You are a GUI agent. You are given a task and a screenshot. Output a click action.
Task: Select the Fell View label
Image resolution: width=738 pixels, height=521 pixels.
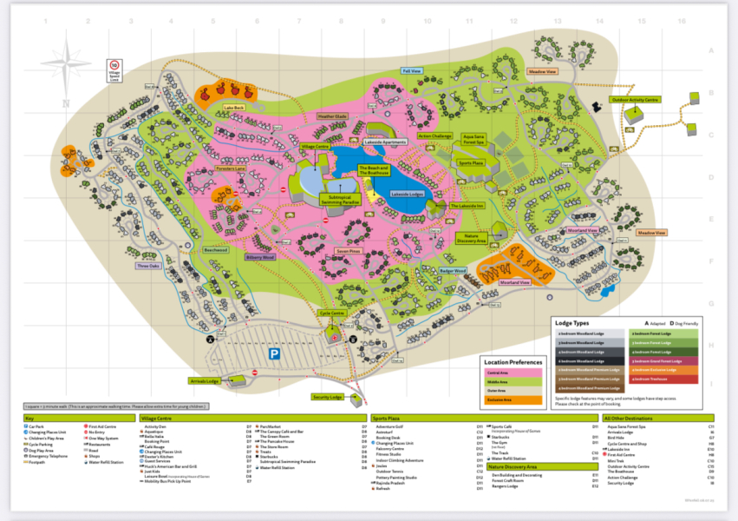click(x=412, y=70)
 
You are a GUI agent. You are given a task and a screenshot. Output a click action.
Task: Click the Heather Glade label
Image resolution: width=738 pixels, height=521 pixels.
click(x=332, y=116)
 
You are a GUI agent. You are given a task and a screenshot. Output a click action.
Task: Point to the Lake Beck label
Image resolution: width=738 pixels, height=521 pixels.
click(x=234, y=108)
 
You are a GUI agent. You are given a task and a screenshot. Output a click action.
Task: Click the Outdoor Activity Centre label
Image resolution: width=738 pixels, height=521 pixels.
click(x=636, y=100)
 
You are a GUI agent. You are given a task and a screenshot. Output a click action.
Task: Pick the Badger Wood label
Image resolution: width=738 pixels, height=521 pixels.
click(x=452, y=271)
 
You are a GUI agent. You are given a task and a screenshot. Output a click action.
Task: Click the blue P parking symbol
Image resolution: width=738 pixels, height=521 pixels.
click(x=273, y=353)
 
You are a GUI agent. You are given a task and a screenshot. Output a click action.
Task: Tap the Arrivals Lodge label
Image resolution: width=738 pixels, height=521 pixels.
click(x=203, y=380)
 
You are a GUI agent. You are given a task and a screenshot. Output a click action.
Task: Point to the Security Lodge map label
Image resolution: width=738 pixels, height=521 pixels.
click(x=328, y=397)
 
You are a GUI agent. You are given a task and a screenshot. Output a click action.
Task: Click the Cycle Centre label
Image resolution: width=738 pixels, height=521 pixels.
click(x=333, y=313)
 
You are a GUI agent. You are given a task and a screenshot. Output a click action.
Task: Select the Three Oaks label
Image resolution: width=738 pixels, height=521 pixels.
click(x=150, y=266)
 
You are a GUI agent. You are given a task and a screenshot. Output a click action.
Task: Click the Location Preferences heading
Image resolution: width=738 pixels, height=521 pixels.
click(x=513, y=362)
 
